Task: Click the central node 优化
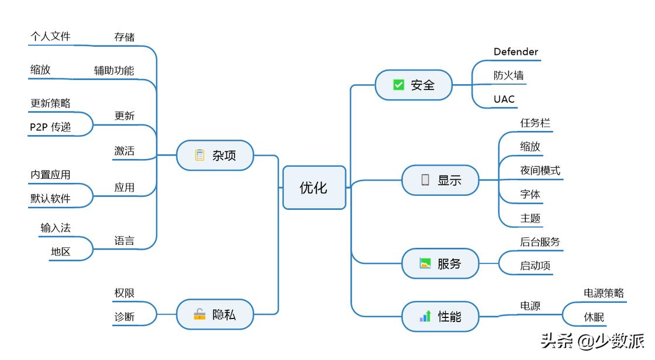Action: pyautogui.click(x=314, y=188)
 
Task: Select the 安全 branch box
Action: pyautogui.click(x=413, y=85)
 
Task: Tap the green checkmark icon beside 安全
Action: pyautogui.click(x=398, y=85)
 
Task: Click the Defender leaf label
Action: pyautogui.click(x=515, y=52)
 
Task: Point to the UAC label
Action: pyautogui.click(x=504, y=99)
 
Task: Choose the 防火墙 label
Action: pyautogui.click(x=508, y=75)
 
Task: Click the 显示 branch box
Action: pyautogui.click(x=440, y=180)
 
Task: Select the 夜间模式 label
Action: pyautogui.click(x=540, y=171)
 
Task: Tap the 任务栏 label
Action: pyautogui.click(x=535, y=123)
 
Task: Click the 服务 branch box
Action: pyautogui.click(x=440, y=264)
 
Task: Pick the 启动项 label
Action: pyautogui.click(x=535, y=266)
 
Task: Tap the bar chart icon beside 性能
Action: pyautogui.click(x=425, y=316)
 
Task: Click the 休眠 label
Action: pyautogui.click(x=594, y=317)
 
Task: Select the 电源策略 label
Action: pyautogui.click(x=604, y=293)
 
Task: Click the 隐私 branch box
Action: pyautogui.click(x=215, y=314)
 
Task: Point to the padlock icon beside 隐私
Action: pyautogui.click(x=200, y=314)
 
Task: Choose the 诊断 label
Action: pyautogui.click(x=125, y=317)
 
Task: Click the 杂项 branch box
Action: pyautogui.click(x=215, y=155)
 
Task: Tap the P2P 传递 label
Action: pyautogui.click(x=50, y=127)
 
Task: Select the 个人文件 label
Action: pyautogui.click(x=50, y=36)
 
